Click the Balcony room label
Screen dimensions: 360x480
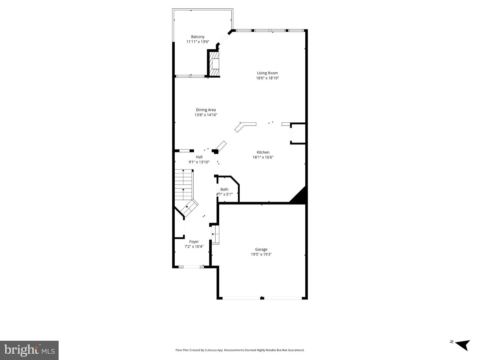point(198,37)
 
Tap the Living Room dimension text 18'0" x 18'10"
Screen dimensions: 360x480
point(267,78)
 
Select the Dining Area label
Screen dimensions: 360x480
point(206,110)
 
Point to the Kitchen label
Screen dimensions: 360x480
point(263,152)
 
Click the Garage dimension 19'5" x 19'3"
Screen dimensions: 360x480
point(261,254)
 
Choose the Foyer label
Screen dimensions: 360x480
point(194,242)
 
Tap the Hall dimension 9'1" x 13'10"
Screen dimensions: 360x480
point(199,162)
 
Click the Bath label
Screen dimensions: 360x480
point(224,189)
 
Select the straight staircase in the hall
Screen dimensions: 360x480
point(184,185)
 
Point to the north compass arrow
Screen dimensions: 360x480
point(462,344)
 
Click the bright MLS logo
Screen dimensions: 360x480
point(29,350)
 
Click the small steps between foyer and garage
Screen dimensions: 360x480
point(215,234)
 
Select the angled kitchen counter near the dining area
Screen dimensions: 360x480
point(245,126)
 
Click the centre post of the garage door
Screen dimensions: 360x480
point(262,298)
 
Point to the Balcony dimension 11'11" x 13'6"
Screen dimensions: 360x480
point(198,42)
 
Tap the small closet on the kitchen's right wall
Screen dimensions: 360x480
point(298,134)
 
